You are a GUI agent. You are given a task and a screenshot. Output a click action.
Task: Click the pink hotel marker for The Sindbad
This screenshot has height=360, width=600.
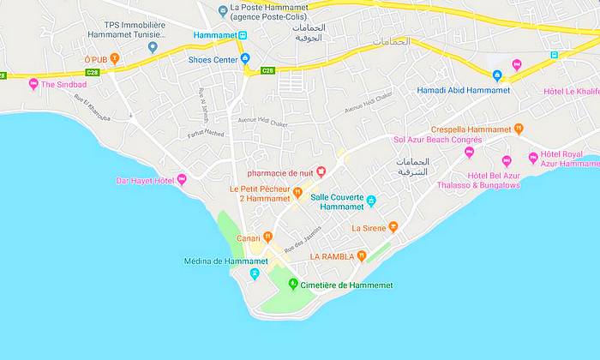click(x=33, y=84)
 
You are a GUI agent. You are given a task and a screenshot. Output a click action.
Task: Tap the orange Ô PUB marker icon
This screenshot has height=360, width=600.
click(x=116, y=58)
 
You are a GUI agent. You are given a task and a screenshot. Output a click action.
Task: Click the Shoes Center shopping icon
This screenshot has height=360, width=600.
click(x=246, y=59)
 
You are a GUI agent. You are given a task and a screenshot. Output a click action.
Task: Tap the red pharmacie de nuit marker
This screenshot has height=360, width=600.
click(x=321, y=171)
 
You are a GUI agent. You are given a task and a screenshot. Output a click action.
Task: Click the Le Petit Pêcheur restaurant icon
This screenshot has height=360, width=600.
click(x=297, y=192)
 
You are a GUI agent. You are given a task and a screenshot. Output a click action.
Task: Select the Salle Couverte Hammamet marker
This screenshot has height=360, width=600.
click(x=371, y=201)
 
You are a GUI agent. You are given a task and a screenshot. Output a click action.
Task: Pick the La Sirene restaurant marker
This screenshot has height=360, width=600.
click(x=393, y=227)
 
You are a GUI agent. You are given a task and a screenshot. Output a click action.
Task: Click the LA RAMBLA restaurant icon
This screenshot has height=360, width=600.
click(x=363, y=255)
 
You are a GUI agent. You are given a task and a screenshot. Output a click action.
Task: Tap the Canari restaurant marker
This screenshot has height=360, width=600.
click(x=267, y=237)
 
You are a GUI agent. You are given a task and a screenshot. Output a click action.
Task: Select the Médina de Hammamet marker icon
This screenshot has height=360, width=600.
click(x=254, y=273)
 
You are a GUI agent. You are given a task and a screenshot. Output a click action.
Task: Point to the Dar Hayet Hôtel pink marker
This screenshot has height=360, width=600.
click(x=182, y=180)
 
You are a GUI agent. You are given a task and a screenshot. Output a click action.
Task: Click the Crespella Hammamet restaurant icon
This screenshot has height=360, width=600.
click(x=519, y=129)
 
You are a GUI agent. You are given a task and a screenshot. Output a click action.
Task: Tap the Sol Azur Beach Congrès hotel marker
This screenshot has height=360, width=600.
click(x=469, y=152)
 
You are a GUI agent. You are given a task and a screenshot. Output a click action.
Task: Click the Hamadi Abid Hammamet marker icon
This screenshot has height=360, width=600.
click(x=496, y=77)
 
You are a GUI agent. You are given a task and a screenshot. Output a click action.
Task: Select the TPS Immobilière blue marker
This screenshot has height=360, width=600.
click(x=153, y=47)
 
